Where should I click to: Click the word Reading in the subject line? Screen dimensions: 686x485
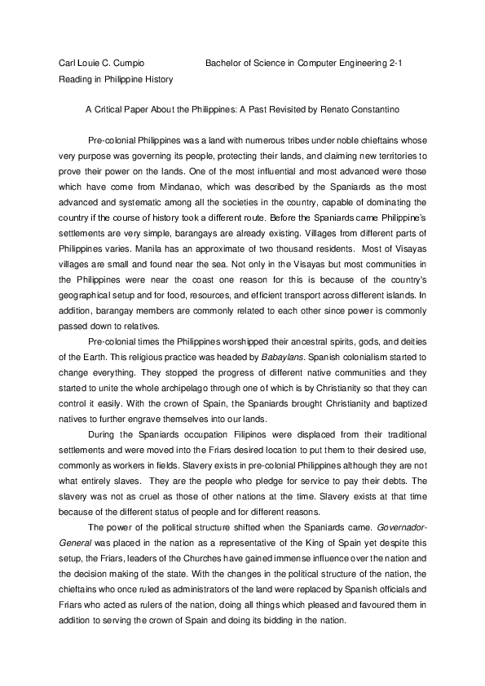coord(75,80)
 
